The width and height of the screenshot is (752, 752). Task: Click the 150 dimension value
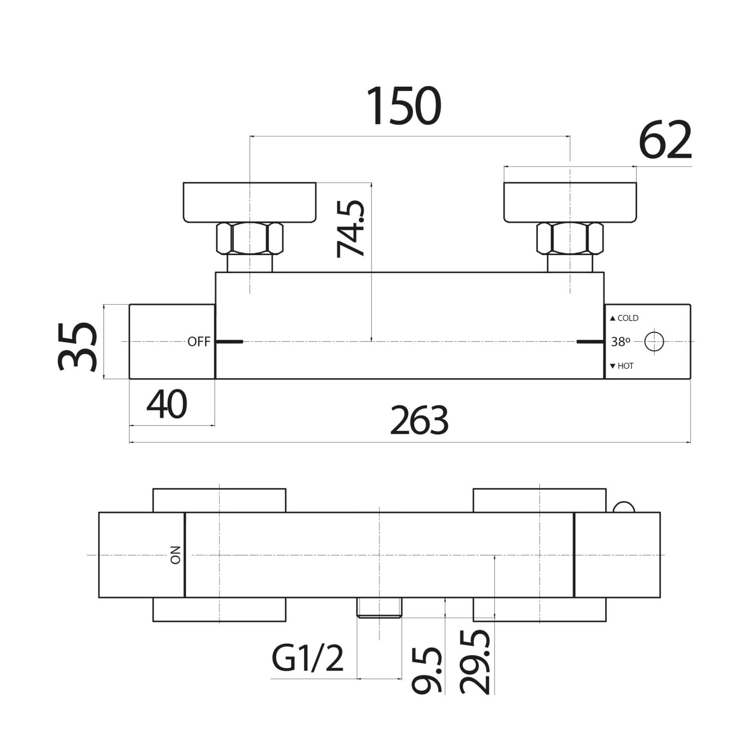tap(404, 106)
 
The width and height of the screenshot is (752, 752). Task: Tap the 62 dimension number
tap(665, 141)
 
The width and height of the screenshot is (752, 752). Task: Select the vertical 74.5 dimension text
tap(350, 229)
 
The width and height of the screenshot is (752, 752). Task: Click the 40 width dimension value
tap(167, 405)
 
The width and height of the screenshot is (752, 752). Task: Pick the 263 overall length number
tap(419, 421)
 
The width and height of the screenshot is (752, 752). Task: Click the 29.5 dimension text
tap(475, 662)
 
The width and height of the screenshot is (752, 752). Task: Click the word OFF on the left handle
tap(199, 342)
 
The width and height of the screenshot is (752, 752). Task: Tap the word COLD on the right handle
tap(628, 318)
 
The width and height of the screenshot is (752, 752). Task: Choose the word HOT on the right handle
tap(625, 366)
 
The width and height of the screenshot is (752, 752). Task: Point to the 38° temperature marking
tap(621, 342)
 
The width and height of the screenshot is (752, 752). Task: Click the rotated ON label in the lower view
tap(175, 555)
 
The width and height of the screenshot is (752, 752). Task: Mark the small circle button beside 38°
tap(654, 342)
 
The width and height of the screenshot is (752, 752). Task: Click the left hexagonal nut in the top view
tap(250, 239)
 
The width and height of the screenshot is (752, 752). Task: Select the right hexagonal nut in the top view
tap(570, 239)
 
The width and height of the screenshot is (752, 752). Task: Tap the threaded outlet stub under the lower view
tap(380, 607)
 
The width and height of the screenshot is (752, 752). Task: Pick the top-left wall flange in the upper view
tap(250, 202)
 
